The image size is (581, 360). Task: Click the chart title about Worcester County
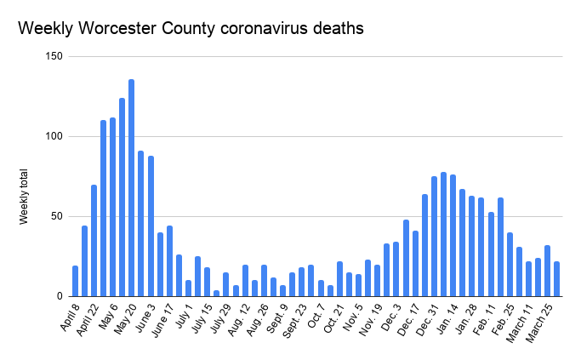click(191, 28)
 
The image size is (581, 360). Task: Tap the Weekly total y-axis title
click(24, 196)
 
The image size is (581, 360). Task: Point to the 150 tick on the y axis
click(54, 56)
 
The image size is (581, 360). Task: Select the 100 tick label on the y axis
click(54, 136)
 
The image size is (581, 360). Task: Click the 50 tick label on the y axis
click(56, 216)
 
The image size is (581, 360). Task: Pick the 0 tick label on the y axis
click(60, 296)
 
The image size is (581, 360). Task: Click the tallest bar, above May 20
click(131, 188)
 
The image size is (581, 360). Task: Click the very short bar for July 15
click(216, 293)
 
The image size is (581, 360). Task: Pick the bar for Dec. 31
click(443, 234)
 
